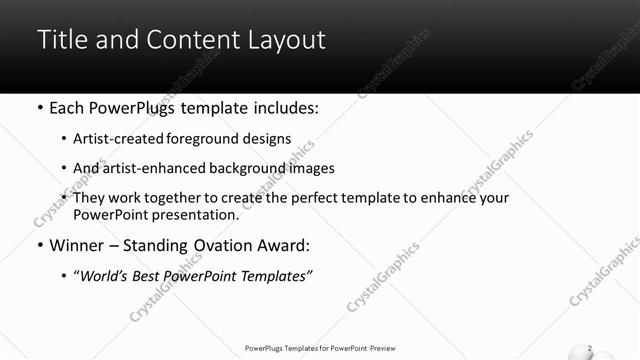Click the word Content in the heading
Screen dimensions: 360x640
tap(186, 40)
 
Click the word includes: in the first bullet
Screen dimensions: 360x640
tap(283, 106)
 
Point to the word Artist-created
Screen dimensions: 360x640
tap(115, 139)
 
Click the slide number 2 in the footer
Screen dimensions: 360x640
tap(590, 348)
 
